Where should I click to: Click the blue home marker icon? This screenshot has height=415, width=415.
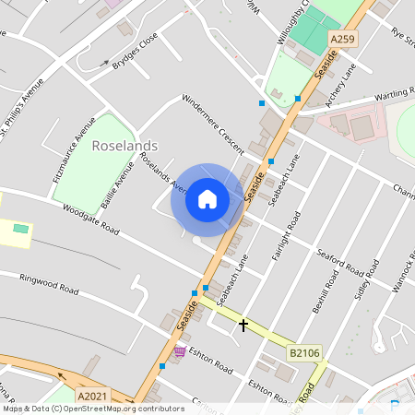[x=207, y=198]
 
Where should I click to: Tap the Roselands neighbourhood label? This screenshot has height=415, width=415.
[x=125, y=146]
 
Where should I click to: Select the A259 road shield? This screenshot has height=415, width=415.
[x=343, y=39]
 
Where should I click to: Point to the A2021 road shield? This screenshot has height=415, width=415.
[x=93, y=396]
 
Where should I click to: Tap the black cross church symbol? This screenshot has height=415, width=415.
[x=243, y=325]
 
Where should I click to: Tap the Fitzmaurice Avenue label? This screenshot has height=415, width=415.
[x=74, y=148]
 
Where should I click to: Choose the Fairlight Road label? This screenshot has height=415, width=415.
[x=283, y=235]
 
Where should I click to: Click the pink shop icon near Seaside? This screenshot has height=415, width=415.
[x=179, y=351]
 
